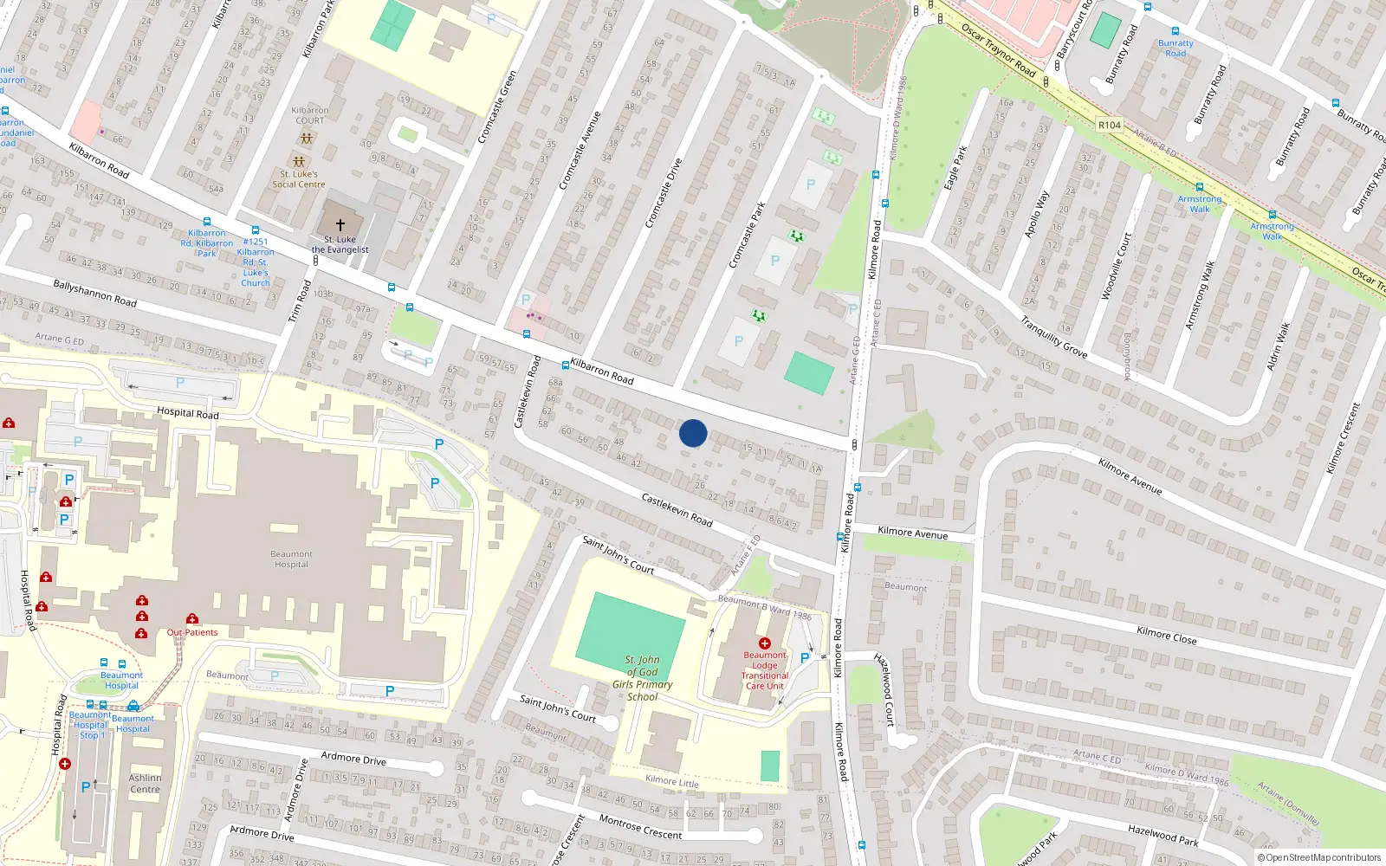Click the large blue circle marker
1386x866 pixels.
coord(693,433)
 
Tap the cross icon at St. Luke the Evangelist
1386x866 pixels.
coord(340,224)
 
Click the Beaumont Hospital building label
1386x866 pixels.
coord(291,559)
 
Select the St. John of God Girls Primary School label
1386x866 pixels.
coord(643,678)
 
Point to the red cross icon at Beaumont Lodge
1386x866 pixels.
coord(765,643)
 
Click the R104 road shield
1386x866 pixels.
coord(1109,125)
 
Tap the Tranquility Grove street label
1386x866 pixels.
coord(1053,337)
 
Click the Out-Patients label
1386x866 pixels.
coord(192,632)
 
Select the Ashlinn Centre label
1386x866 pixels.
coord(145,783)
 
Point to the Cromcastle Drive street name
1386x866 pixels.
coord(664,193)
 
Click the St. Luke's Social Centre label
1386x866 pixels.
coord(299,178)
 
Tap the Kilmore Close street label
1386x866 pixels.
coord(1166,636)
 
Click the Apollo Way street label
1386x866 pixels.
coord(1036,215)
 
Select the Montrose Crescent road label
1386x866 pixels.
coord(640,828)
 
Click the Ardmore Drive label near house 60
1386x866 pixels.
coord(353,759)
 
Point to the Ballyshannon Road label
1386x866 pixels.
coord(94,293)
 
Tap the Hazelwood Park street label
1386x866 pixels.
coord(1163,835)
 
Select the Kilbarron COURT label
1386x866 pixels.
coord(309,115)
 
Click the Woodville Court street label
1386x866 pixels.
coord(1117,267)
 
